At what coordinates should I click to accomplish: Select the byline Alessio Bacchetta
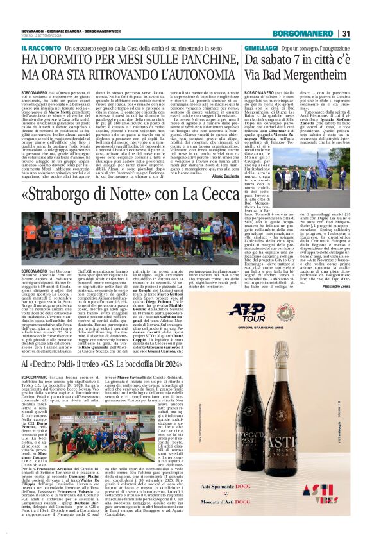click(x=221, y=158)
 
